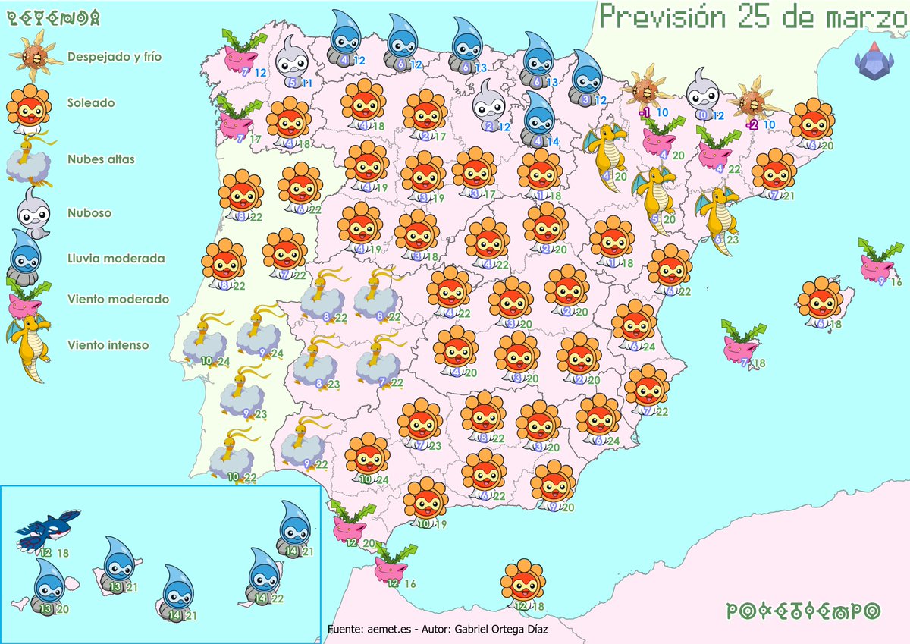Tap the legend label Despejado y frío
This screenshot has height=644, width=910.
tap(114, 56)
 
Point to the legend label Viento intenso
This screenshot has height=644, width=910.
tap(108, 345)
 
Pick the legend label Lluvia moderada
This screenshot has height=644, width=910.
tap(115, 259)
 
